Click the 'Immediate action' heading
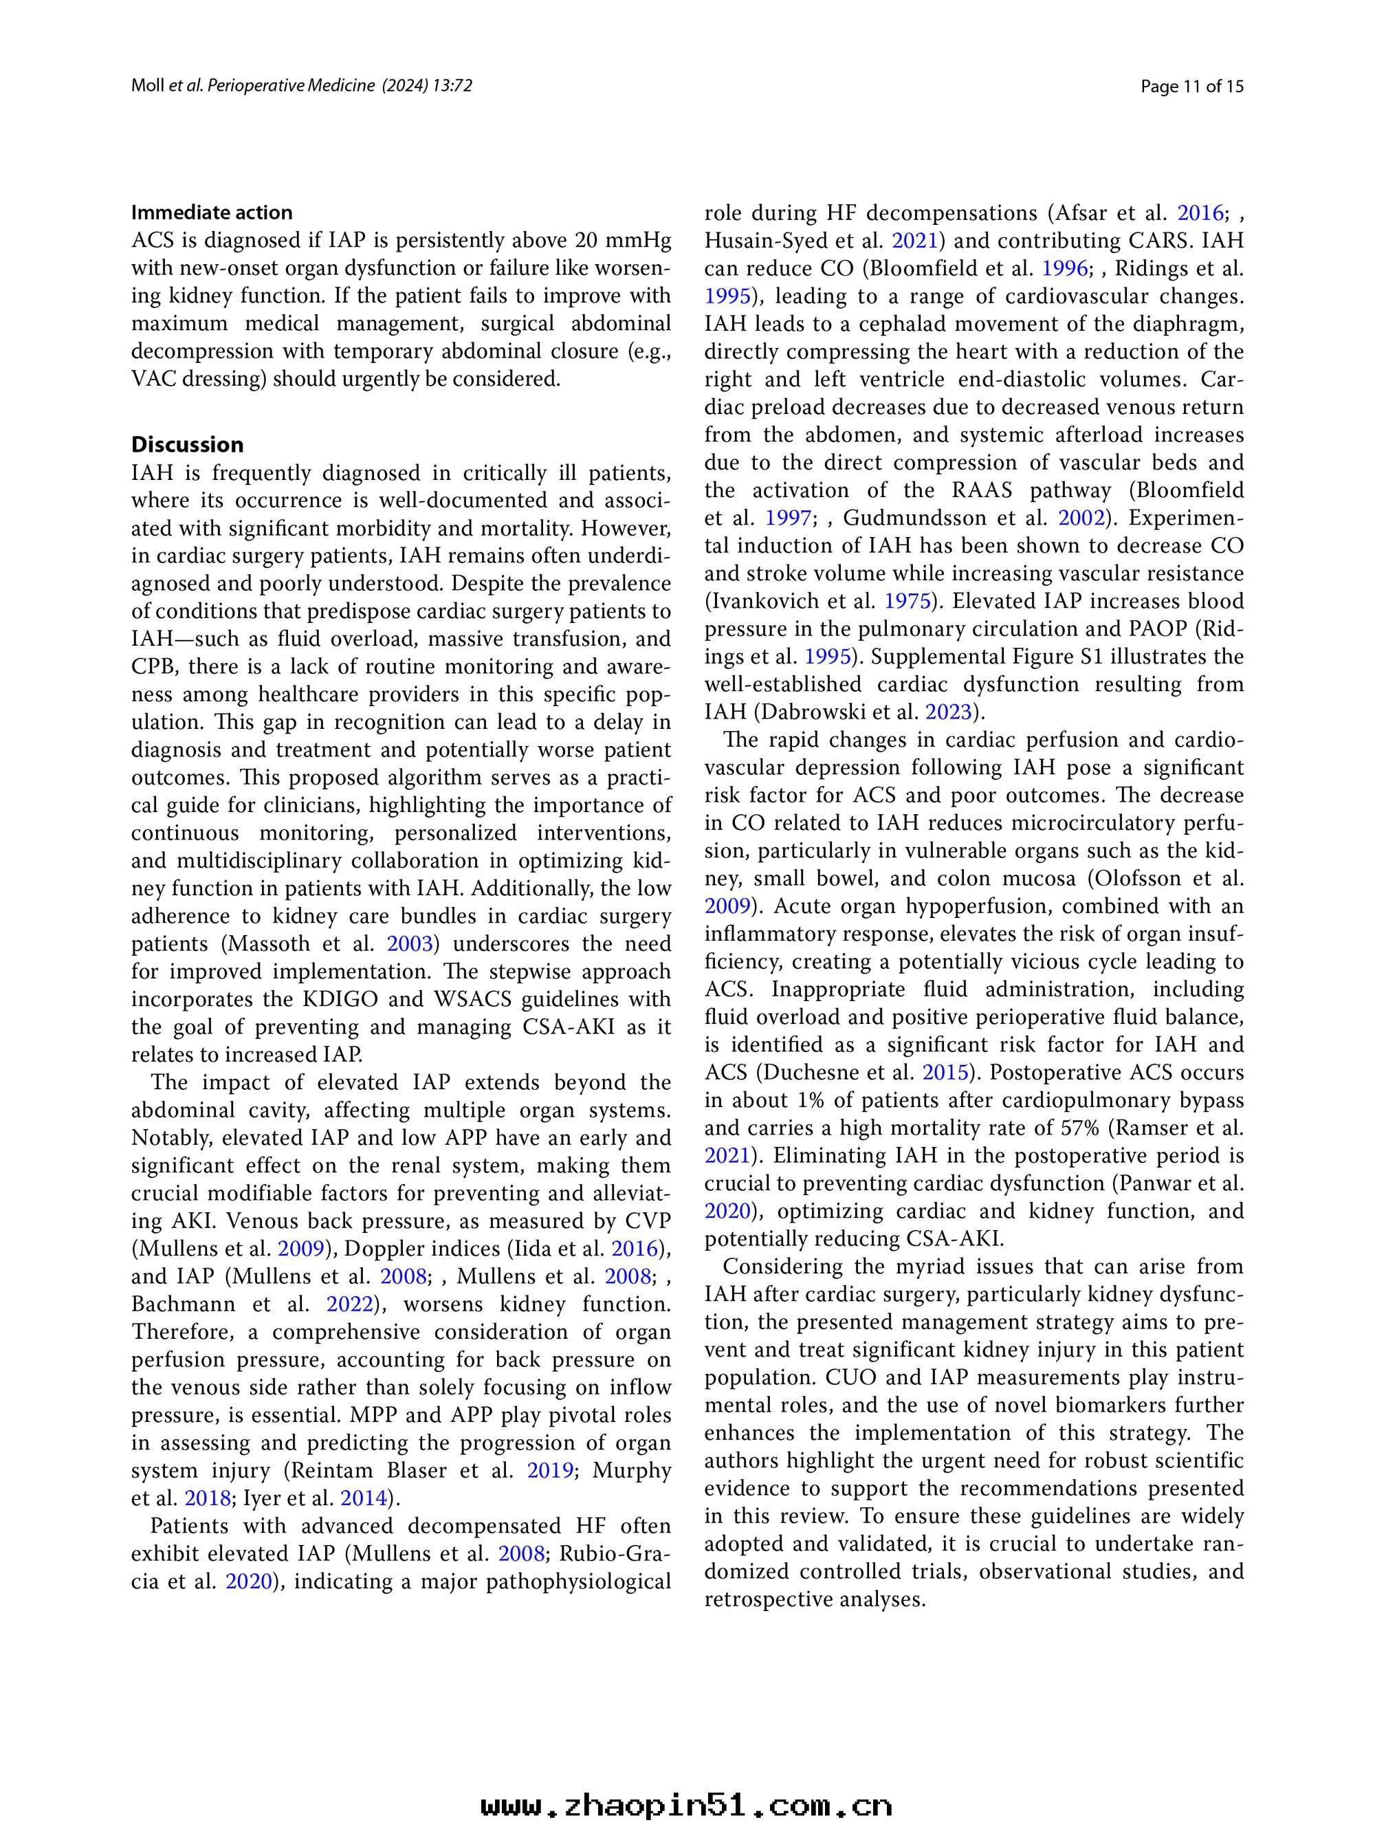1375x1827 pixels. (x=212, y=212)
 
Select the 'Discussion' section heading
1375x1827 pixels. (x=188, y=444)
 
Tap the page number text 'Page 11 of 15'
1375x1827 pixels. (x=1191, y=86)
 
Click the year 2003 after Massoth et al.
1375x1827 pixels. (x=410, y=943)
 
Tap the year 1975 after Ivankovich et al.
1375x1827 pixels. (x=908, y=600)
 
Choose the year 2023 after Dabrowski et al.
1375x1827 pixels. (x=948, y=711)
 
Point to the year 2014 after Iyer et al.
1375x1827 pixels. (x=364, y=1498)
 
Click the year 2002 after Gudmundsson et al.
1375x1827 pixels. (x=1082, y=518)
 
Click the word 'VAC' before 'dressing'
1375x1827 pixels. (x=151, y=378)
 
